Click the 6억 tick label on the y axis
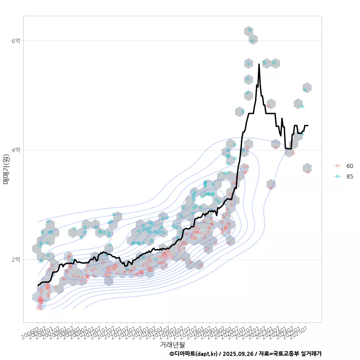16,40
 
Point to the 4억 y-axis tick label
16,150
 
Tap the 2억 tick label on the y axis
16,259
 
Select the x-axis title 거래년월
172,344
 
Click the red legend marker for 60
337,166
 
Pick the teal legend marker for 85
337,177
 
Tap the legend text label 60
349,166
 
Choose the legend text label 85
349,177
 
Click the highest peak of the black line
259,64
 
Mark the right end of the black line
308,125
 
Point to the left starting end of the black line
38,286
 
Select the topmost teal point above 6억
250,30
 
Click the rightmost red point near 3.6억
308,172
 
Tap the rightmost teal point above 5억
305,90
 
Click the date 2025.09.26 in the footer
238,354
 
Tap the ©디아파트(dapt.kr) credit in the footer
193,354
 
